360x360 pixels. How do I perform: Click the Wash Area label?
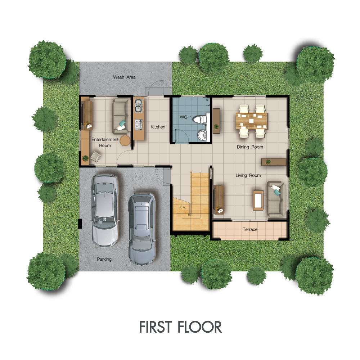pyautogui.click(x=124, y=77)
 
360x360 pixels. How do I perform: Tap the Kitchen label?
pyautogui.click(x=158, y=127)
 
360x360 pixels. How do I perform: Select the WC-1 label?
pyautogui.click(x=185, y=117)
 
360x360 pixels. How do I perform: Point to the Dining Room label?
pyautogui.click(x=250, y=147)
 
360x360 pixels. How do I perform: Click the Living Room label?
pyautogui.click(x=248, y=175)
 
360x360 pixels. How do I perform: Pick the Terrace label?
pyautogui.click(x=250, y=229)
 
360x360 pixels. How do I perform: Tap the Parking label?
pyautogui.click(x=104, y=259)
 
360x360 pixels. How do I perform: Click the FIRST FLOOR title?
pyautogui.click(x=180, y=327)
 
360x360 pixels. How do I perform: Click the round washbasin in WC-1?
pyautogui.click(x=202, y=135)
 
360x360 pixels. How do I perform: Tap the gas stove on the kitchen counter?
pyautogui.click(x=139, y=124)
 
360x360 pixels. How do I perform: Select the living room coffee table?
pyautogui.click(x=258, y=200)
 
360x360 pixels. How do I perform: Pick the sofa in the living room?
pyautogui.click(x=276, y=199)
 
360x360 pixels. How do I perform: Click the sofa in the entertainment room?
pyautogui.click(x=121, y=116)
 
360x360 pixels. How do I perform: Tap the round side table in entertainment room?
pyautogui.click(x=125, y=140)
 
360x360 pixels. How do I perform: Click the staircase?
pyautogui.click(x=191, y=202)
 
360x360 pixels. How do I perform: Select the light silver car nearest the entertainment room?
pyautogui.click(x=105, y=210)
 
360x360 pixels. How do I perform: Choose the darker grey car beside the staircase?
pyautogui.click(x=142, y=229)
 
